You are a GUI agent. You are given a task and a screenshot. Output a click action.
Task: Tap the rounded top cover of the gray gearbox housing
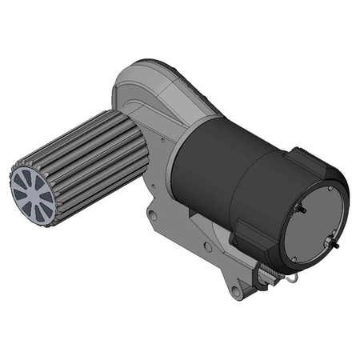[x=156, y=80]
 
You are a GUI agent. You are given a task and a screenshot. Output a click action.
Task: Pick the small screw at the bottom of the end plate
[x=296, y=258]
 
